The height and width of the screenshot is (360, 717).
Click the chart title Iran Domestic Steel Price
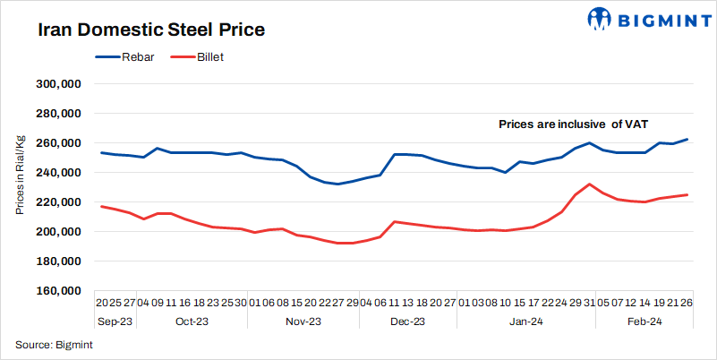click(x=150, y=30)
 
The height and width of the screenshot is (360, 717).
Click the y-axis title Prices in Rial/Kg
click(x=19, y=176)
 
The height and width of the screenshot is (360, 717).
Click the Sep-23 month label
click(x=115, y=321)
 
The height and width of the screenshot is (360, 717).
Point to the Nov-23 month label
click(x=303, y=321)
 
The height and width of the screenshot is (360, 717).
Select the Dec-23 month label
click(x=407, y=321)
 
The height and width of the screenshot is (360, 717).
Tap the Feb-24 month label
click(x=644, y=321)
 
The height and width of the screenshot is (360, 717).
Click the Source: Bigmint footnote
click(x=52, y=345)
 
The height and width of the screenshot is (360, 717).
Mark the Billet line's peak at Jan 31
click(x=589, y=184)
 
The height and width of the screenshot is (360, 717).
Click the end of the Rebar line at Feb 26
click(x=687, y=140)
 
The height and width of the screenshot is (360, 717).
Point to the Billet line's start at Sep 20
click(x=101, y=207)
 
